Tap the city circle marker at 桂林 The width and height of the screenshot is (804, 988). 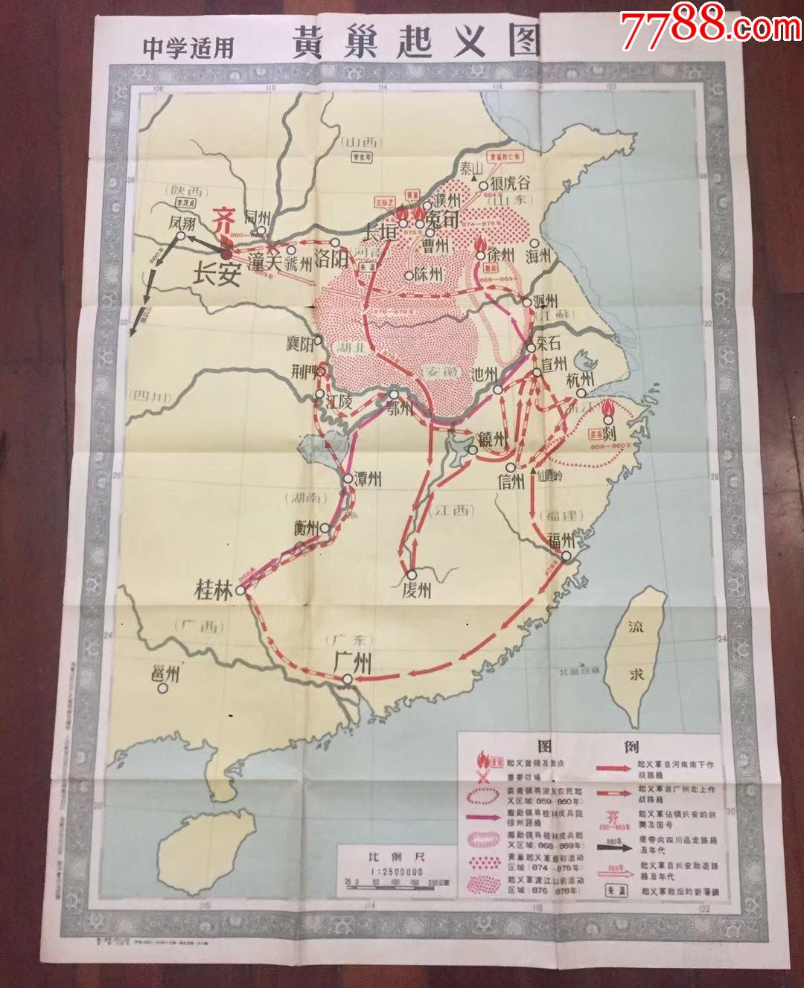click(240, 591)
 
